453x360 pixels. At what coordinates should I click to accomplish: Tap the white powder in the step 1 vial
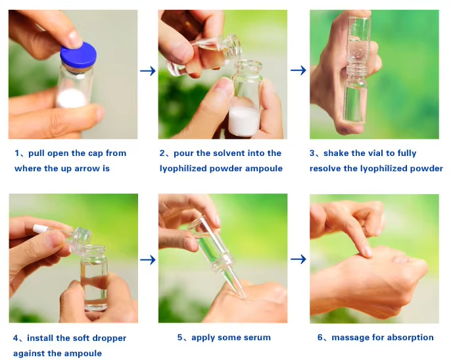point(72,98)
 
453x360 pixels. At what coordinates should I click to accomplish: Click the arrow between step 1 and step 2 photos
point(148,71)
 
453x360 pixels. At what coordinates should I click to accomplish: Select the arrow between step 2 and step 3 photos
point(298,70)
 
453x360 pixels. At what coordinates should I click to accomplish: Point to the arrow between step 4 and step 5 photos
point(148,260)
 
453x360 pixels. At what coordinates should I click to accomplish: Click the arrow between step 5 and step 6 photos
point(298,259)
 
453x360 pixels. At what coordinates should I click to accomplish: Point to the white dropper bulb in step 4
point(40,229)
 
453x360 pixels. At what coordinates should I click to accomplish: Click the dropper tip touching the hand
point(243,297)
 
